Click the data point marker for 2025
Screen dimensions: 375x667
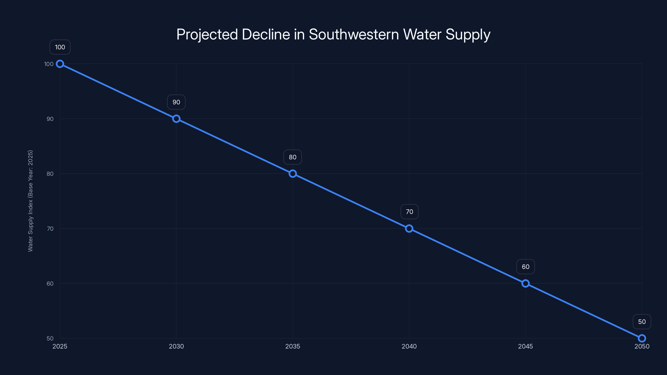60,64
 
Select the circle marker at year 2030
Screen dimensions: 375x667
176,119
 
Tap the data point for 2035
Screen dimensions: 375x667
293,174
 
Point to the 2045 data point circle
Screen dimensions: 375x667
525,283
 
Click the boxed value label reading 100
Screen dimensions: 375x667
60,47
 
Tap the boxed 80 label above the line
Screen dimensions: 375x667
293,157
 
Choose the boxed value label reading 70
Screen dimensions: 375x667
409,212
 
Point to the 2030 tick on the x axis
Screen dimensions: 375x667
176,346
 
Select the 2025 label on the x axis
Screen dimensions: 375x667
60,346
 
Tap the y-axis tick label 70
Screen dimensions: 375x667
50,229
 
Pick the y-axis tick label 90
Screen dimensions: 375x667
50,119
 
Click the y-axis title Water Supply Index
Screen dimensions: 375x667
30,201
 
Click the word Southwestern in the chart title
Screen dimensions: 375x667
354,34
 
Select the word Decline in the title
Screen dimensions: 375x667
266,34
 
